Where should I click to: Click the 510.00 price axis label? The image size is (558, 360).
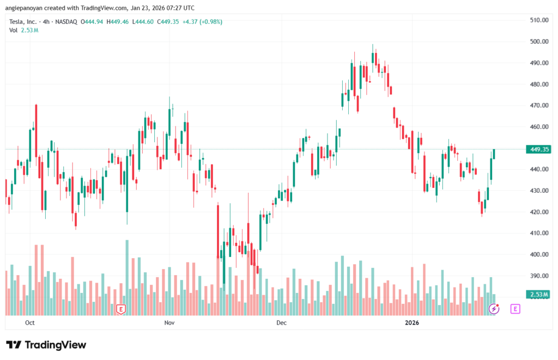click(538, 20)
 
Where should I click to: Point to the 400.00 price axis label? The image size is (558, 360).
click(538, 254)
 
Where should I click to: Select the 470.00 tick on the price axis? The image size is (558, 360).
click(538, 105)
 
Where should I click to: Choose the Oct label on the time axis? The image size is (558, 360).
click(30, 323)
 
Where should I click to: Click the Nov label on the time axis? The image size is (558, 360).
click(169, 323)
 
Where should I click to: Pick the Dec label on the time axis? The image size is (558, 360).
click(281, 323)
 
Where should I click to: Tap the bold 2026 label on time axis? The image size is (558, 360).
click(412, 323)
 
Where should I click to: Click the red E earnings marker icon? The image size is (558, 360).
click(121, 309)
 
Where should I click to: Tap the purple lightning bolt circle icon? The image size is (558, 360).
click(494, 309)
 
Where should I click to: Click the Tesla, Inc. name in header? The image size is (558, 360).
click(23, 22)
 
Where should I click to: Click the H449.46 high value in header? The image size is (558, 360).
click(117, 22)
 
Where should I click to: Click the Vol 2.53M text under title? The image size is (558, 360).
click(23, 30)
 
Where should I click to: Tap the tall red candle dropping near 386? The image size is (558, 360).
click(218, 242)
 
